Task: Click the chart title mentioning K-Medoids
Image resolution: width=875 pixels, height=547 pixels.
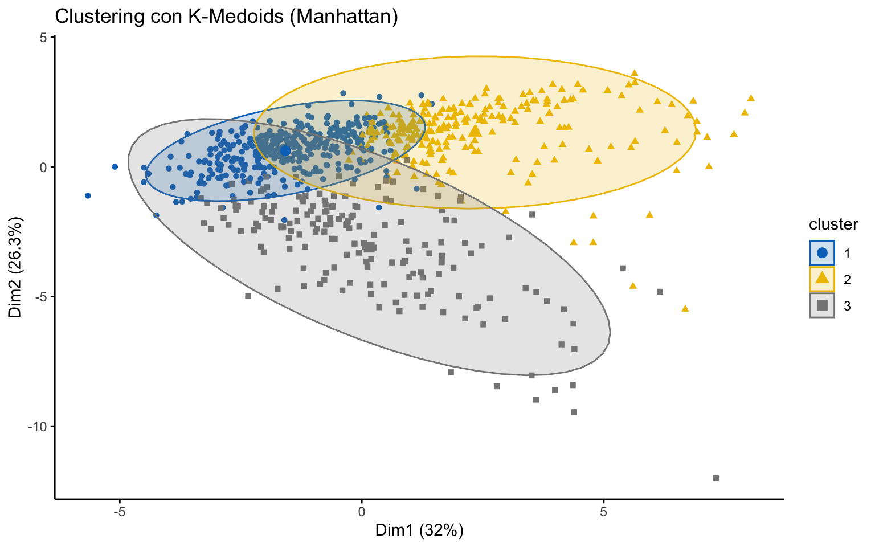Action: (x=226, y=17)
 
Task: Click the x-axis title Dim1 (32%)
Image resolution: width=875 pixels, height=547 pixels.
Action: (x=419, y=530)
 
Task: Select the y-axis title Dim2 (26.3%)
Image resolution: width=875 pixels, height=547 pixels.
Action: (x=15, y=267)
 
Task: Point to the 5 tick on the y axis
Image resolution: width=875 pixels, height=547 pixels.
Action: (x=43, y=37)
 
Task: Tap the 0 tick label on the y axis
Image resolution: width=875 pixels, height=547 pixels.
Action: (x=43, y=167)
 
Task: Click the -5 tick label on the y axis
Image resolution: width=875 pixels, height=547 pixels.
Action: (x=40, y=297)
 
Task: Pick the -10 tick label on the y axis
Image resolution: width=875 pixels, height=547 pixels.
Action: (x=38, y=426)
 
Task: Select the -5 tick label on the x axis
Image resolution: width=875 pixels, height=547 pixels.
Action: (x=120, y=511)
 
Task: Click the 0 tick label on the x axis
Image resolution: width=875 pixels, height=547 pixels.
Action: (x=361, y=511)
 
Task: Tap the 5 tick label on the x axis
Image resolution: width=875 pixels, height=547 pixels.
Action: (x=603, y=511)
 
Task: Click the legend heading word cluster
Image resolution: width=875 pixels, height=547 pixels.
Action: (x=833, y=224)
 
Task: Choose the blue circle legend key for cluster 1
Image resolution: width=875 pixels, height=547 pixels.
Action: (x=822, y=252)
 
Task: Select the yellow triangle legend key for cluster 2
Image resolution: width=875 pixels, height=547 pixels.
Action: (x=822, y=279)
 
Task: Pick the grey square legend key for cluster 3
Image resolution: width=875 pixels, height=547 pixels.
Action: (x=822, y=305)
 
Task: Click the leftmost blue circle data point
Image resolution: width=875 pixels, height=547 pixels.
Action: (x=88, y=195)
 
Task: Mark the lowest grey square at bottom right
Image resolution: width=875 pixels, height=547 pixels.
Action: (x=716, y=478)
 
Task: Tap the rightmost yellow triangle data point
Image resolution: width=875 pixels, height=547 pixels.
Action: (x=751, y=98)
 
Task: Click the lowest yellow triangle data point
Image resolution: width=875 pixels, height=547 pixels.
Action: (x=685, y=308)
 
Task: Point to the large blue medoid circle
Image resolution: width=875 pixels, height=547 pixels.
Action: (x=285, y=150)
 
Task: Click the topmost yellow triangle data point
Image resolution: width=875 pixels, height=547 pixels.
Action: (x=635, y=73)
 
